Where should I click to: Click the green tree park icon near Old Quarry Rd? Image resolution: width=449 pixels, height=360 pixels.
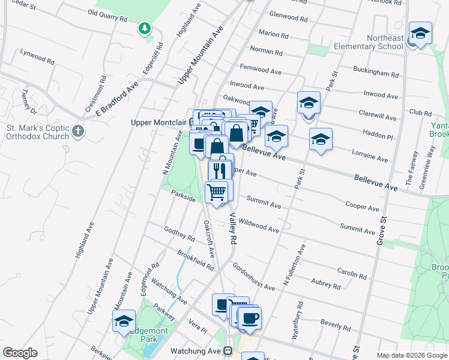point(144,28)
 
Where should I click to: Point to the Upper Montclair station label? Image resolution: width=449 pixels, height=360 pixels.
point(158,122)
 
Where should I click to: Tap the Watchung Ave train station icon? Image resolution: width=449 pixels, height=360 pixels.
point(228,350)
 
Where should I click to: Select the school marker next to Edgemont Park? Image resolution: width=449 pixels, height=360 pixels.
point(124,320)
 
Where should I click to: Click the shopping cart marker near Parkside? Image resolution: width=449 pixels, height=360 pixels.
point(217,192)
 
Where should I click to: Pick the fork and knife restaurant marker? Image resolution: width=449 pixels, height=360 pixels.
point(220,170)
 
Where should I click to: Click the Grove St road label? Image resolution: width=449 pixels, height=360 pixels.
point(380,229)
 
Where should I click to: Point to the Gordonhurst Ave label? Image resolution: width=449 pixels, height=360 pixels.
point(253,277)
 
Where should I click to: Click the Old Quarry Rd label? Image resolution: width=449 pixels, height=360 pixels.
point(107,15)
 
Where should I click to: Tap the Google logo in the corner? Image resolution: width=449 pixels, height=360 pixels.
point(20,353)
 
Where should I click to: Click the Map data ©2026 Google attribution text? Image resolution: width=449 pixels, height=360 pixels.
point(411,355)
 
